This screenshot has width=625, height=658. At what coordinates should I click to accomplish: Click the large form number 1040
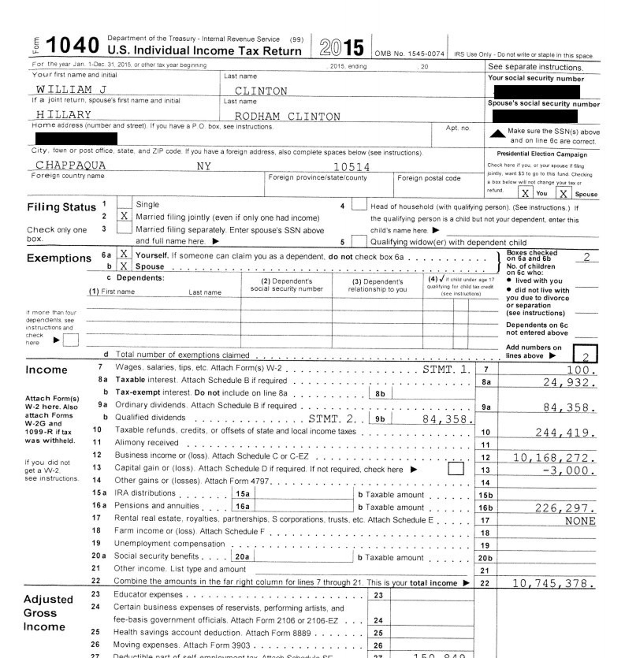(72, 45)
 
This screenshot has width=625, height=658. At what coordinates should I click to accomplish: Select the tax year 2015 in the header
(341, 47)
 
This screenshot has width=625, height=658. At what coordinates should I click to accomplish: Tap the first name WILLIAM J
(71, 89)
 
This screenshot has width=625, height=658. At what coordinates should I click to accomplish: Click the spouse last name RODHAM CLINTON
(287, 116)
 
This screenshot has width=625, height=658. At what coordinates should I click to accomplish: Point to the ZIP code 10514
(352, 167)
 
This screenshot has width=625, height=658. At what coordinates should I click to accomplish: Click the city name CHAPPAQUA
(70, 165)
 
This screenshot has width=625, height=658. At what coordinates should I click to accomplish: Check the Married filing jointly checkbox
(124, 216)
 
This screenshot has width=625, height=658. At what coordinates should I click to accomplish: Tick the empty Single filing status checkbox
(124, 203)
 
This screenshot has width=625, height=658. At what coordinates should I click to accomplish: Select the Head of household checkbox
(359, 204)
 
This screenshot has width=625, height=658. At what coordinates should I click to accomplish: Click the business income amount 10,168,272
(554, 458)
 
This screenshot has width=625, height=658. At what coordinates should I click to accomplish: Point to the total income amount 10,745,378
(553, 583)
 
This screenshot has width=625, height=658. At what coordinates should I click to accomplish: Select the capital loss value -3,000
(569, 470)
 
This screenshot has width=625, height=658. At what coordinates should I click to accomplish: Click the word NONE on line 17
(580, 521)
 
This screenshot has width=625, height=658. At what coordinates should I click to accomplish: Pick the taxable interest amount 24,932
(569, 382)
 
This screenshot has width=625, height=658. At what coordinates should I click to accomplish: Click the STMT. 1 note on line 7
(446, 369)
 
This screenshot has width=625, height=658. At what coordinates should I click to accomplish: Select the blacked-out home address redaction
(76, 139)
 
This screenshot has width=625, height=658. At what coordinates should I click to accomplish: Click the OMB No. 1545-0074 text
(409, 54)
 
